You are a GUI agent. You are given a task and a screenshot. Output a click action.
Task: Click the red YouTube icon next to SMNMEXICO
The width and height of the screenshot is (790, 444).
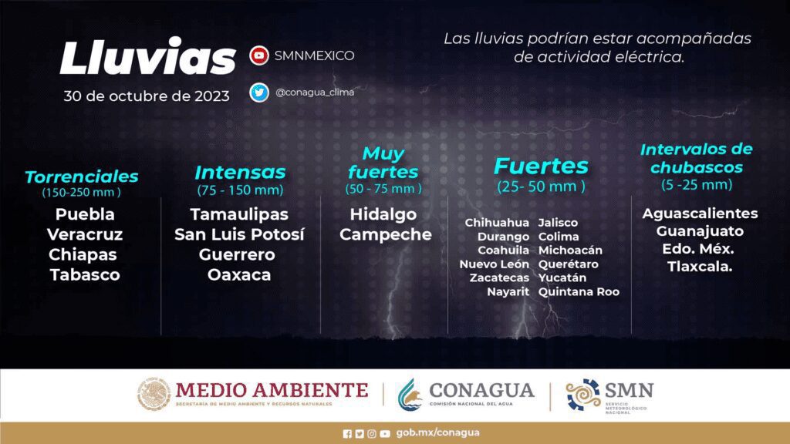coord(259,55)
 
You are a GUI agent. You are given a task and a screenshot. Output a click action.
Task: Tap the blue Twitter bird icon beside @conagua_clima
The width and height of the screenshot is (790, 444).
coord(259,92)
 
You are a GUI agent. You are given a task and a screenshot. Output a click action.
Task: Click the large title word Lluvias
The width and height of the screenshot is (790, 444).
coord(147,57)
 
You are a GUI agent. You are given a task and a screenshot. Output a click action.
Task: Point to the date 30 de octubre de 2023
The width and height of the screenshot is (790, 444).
coord(146,96)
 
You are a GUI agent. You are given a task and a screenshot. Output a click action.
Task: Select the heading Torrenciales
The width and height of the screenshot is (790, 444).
coord(82,177)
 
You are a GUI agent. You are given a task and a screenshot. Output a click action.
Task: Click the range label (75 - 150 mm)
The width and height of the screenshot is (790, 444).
coord(240,190)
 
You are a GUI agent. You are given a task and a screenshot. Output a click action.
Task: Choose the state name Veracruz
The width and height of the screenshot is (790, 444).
coord(85,234)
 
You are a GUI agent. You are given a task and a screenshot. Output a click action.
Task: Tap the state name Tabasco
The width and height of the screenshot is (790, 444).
coord(85,275)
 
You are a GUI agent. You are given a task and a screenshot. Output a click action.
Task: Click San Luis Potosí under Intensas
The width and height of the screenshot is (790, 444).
coord(239,234)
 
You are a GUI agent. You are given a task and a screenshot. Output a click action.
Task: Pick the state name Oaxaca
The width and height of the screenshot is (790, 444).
coord(239,275)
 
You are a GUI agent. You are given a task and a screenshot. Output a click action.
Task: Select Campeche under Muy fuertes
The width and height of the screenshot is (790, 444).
coord(386,234)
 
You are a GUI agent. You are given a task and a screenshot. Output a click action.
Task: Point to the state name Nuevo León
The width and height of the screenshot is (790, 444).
coord(495,264)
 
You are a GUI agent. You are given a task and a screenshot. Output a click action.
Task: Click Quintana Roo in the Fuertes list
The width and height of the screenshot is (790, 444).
coord(579,292)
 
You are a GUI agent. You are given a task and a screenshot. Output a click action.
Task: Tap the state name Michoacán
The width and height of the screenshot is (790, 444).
coord(570,251)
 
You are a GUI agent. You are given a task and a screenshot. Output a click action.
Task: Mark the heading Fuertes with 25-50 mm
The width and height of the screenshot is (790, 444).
coord(541,166)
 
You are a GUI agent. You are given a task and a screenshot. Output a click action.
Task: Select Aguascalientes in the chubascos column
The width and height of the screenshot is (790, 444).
coord(700,214)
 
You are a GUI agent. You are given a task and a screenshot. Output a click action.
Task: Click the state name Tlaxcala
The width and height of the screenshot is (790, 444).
coord(699,267)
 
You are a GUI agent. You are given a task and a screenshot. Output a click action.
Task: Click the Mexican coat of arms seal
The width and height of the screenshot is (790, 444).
coord(154,394)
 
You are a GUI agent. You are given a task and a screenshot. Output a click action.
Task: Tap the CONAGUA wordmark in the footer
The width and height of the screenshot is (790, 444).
coord(481,391)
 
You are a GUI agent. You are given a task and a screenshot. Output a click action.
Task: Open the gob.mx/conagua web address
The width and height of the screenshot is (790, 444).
coord(438,432)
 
